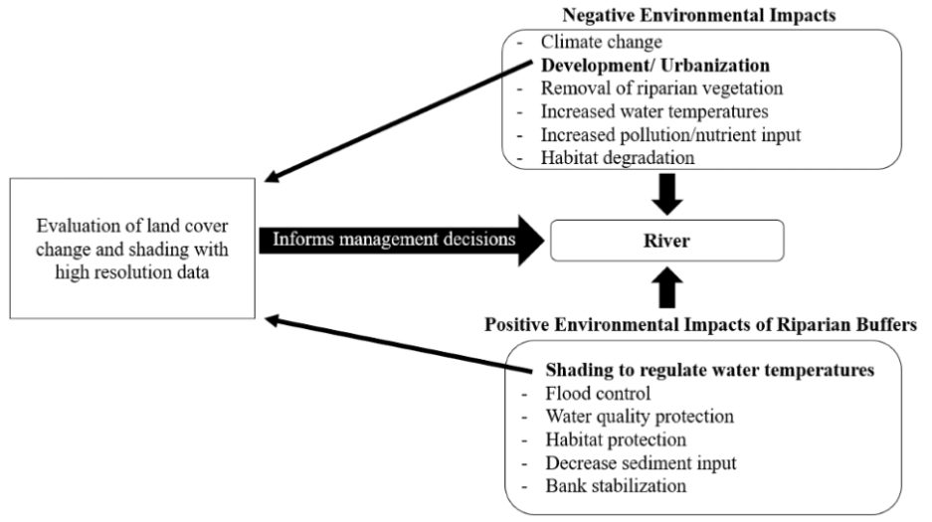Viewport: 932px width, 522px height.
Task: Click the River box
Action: pyautogui.click(x=667, y=240)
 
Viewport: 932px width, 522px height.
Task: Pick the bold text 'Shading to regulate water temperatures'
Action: pyautogui.click(x=709, y=370)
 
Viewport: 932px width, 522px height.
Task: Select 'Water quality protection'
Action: pyautogui.click(x=637, y=416)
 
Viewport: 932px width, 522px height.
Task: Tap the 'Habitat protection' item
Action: pyautogui.click(x=615, y=438)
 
